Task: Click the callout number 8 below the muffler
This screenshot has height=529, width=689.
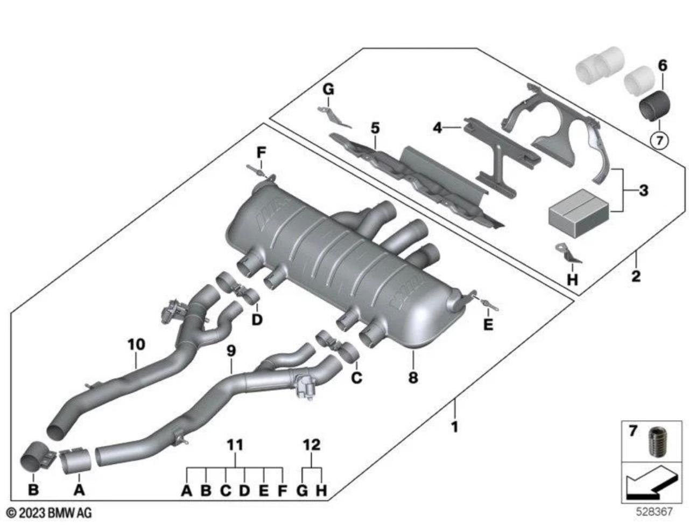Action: click(413, 378)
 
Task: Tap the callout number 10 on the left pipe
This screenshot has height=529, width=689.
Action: click(136, 344)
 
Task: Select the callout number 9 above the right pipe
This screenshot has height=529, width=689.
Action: click(231, 351)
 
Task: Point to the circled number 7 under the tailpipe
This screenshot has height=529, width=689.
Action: click(659, 141)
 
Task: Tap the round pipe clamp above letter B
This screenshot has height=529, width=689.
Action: click(37, 458)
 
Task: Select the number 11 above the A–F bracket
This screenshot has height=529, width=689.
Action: click(235, 445)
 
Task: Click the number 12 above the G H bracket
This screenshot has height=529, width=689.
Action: click(312, 445)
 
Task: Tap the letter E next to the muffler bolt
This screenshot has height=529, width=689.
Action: click(488, 325)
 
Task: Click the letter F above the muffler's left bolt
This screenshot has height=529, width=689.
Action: click(261, 152)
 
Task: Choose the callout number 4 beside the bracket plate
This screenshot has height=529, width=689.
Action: click(437, 128)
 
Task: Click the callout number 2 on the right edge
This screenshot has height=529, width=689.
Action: click(636, 276)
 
